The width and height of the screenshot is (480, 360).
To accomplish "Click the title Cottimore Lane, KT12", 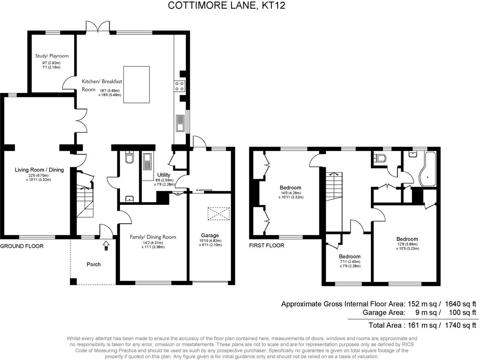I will coord(227,5).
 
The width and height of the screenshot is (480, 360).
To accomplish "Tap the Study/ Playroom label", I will coord(52,56).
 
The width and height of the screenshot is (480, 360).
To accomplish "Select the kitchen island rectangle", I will coord(137,84).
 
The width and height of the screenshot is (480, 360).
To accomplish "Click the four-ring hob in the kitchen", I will coord(179,86).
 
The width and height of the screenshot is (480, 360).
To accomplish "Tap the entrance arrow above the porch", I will coord(106,246).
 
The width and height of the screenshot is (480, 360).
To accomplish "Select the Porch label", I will coord(93,264).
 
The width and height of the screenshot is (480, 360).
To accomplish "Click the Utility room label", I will coord(164,175).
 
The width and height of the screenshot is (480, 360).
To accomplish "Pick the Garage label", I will coord(210,235).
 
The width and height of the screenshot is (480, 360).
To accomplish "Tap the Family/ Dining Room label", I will coord(153,237).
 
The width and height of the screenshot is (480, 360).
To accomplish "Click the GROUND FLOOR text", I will coord(21,246).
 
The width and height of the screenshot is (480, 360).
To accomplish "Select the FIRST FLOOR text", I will coord(267,246).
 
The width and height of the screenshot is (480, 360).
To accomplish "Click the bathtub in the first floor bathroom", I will coord(427,169).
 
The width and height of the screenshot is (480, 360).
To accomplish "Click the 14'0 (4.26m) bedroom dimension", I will coord(291,193).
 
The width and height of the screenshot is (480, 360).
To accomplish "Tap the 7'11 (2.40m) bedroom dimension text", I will coord(350,261).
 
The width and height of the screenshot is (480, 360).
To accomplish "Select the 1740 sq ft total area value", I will coord(459,325).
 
